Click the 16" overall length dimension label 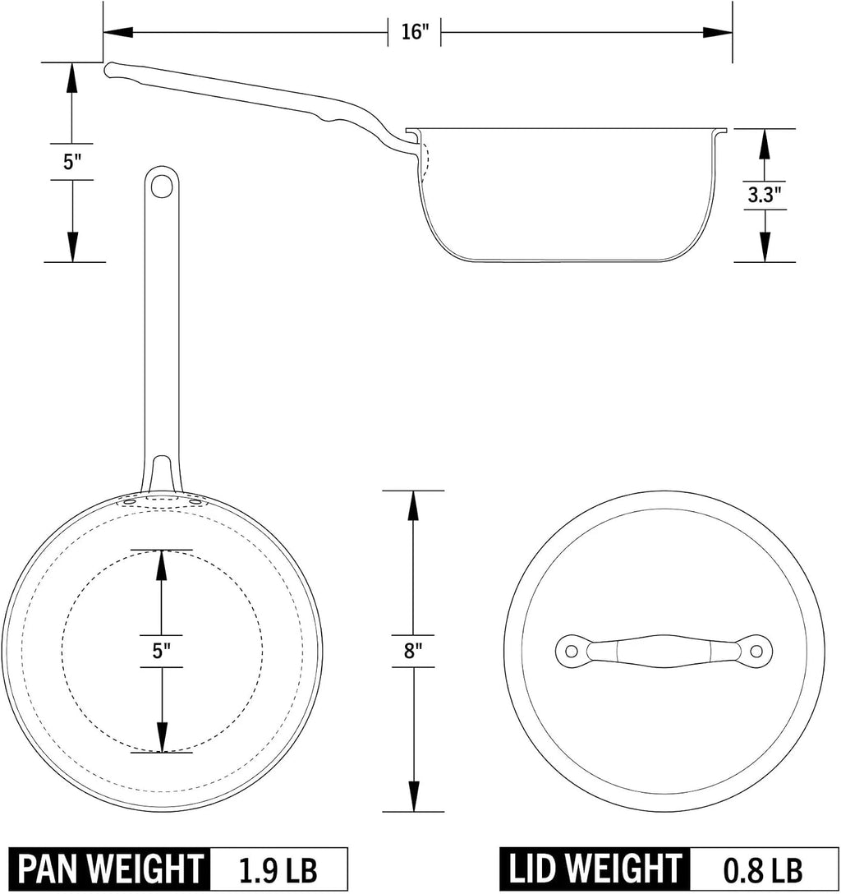(x=414, y=31)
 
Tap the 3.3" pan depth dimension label (x=764, y=195)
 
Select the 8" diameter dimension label (x=412, y=651)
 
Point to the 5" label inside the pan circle (x=161, y=651)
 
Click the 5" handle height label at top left (x=72, y=161)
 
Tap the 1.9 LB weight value (x=278, y=870)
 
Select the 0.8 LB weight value (x=763, y=870)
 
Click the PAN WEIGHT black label (x=110, y=869)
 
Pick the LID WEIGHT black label (x=595, y=869)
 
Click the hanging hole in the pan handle (x=161, y=186)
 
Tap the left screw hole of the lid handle (x=570, y=651)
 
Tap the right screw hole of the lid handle (x=756, y=651)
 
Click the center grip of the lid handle (x=664, y=651)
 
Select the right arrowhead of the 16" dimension (x=717, y=33)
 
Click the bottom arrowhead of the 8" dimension (x=413, y=796)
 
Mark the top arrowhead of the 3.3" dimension (x=764, y=145)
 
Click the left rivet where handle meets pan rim (x=129, y=502)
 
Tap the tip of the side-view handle (x=107, y=69)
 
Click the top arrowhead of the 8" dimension (x=413, y=505)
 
